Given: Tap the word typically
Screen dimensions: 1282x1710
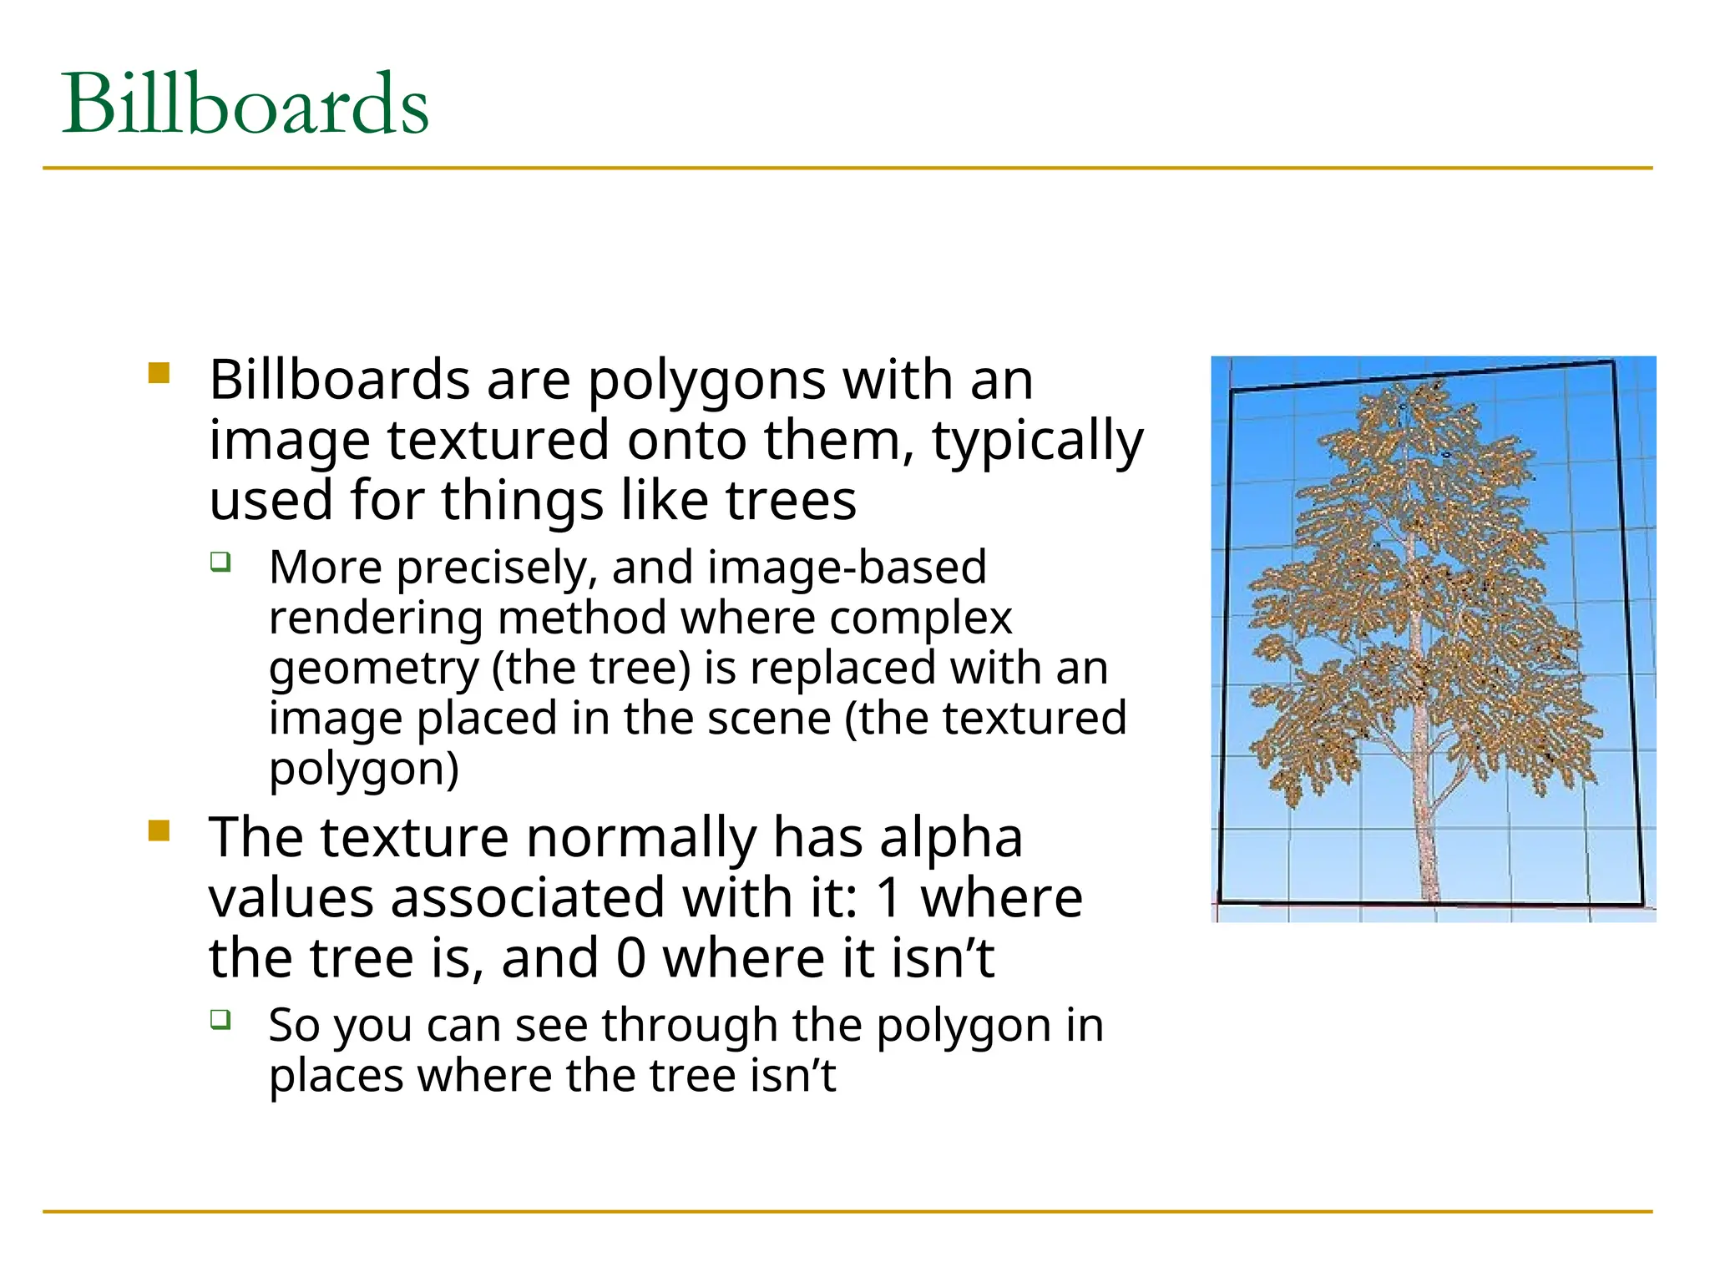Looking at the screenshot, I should (1038, 442).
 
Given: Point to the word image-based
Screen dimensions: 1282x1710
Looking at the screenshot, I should (847, 567).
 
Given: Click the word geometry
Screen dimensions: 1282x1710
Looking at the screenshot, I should (373, 669).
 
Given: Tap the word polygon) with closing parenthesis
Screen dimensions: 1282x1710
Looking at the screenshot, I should (364, 770).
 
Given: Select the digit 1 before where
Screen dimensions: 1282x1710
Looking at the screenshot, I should (890, 898).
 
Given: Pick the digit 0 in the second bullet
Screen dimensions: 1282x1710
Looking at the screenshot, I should (630, 958).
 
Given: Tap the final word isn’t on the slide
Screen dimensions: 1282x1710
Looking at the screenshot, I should (792, 1075).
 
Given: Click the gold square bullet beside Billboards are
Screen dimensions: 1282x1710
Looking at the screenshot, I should (159, 372).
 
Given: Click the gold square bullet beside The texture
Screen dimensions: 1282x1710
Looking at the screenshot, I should (159, 830).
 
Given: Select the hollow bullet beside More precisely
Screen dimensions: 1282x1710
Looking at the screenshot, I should (220, 561).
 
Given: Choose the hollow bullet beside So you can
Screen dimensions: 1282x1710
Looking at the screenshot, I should (220, 1018).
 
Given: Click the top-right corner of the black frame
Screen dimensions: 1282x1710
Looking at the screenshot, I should (1612, 362).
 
